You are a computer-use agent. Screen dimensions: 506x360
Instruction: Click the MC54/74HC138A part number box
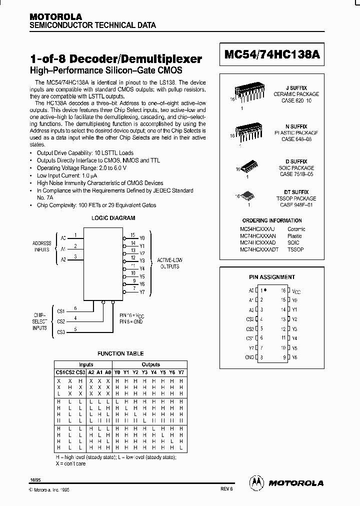(272, 58)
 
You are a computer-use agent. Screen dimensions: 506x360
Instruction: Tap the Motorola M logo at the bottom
(256, 482)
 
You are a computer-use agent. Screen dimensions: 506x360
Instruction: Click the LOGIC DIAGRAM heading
(112, 218)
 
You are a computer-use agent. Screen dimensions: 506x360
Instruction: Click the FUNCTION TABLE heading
(120, 353)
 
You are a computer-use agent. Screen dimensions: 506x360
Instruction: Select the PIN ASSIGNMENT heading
(272, 277)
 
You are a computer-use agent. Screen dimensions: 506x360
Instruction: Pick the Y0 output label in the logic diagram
(142, 238)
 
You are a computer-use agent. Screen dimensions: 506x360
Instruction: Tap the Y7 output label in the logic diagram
(142, 292)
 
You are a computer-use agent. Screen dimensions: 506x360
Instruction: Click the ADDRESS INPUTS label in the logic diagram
(41, 246)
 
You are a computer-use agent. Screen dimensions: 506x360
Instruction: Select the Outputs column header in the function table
(150, 364)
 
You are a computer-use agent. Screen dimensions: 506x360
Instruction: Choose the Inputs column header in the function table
(86, 364)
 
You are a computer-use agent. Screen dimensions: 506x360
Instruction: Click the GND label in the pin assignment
(250, 357)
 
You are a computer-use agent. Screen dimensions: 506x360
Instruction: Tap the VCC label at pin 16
(296, 290)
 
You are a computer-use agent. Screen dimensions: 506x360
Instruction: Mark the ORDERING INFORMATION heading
(271, 220)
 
